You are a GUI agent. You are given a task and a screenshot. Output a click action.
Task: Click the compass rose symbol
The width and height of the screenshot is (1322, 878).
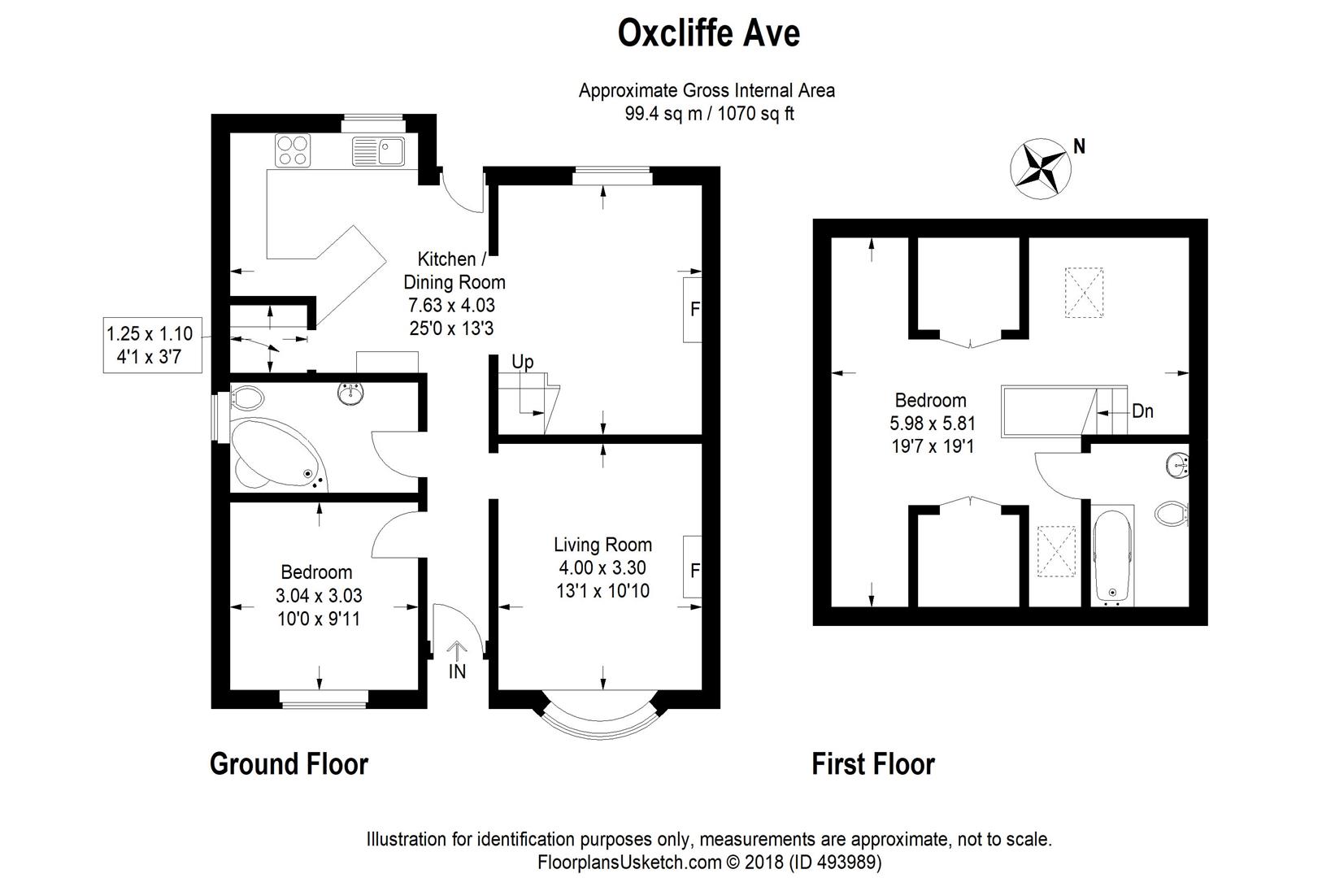click(1041, 169)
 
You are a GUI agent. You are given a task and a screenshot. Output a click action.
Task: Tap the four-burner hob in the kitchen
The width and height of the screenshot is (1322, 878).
click(293, 150)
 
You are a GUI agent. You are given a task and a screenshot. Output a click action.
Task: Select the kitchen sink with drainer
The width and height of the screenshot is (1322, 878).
click(378, 151)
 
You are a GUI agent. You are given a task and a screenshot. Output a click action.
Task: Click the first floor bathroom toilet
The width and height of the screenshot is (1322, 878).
click(1172, 513)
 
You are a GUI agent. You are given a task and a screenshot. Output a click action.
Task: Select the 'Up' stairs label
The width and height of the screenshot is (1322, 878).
click(522, 362)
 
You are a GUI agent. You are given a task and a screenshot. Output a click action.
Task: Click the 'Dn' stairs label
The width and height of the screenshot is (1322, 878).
click(1142, 411)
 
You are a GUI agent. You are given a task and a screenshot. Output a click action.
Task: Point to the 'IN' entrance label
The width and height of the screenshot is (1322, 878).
click(458, 672)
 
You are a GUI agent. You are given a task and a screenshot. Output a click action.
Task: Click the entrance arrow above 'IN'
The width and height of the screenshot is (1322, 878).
click(457, 651)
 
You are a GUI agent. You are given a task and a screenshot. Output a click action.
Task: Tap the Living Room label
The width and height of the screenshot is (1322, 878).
click(602, 544)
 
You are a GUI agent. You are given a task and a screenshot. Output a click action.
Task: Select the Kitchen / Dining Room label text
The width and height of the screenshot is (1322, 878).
click(454, 270)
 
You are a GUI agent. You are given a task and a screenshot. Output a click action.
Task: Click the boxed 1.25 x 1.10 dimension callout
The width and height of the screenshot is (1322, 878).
click(152, 346)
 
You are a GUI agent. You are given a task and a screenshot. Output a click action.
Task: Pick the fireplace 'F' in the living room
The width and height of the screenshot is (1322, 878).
click(694, 571)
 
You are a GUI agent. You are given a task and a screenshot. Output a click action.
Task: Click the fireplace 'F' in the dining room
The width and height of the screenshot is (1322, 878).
click(694, 309)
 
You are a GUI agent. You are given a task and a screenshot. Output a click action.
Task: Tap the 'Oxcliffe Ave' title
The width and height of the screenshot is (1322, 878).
click(709, 33)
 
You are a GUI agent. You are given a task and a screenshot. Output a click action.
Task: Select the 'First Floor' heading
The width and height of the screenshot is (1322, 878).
click(873, 764)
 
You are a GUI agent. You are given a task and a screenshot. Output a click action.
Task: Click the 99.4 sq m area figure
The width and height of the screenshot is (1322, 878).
click(663, 114)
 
